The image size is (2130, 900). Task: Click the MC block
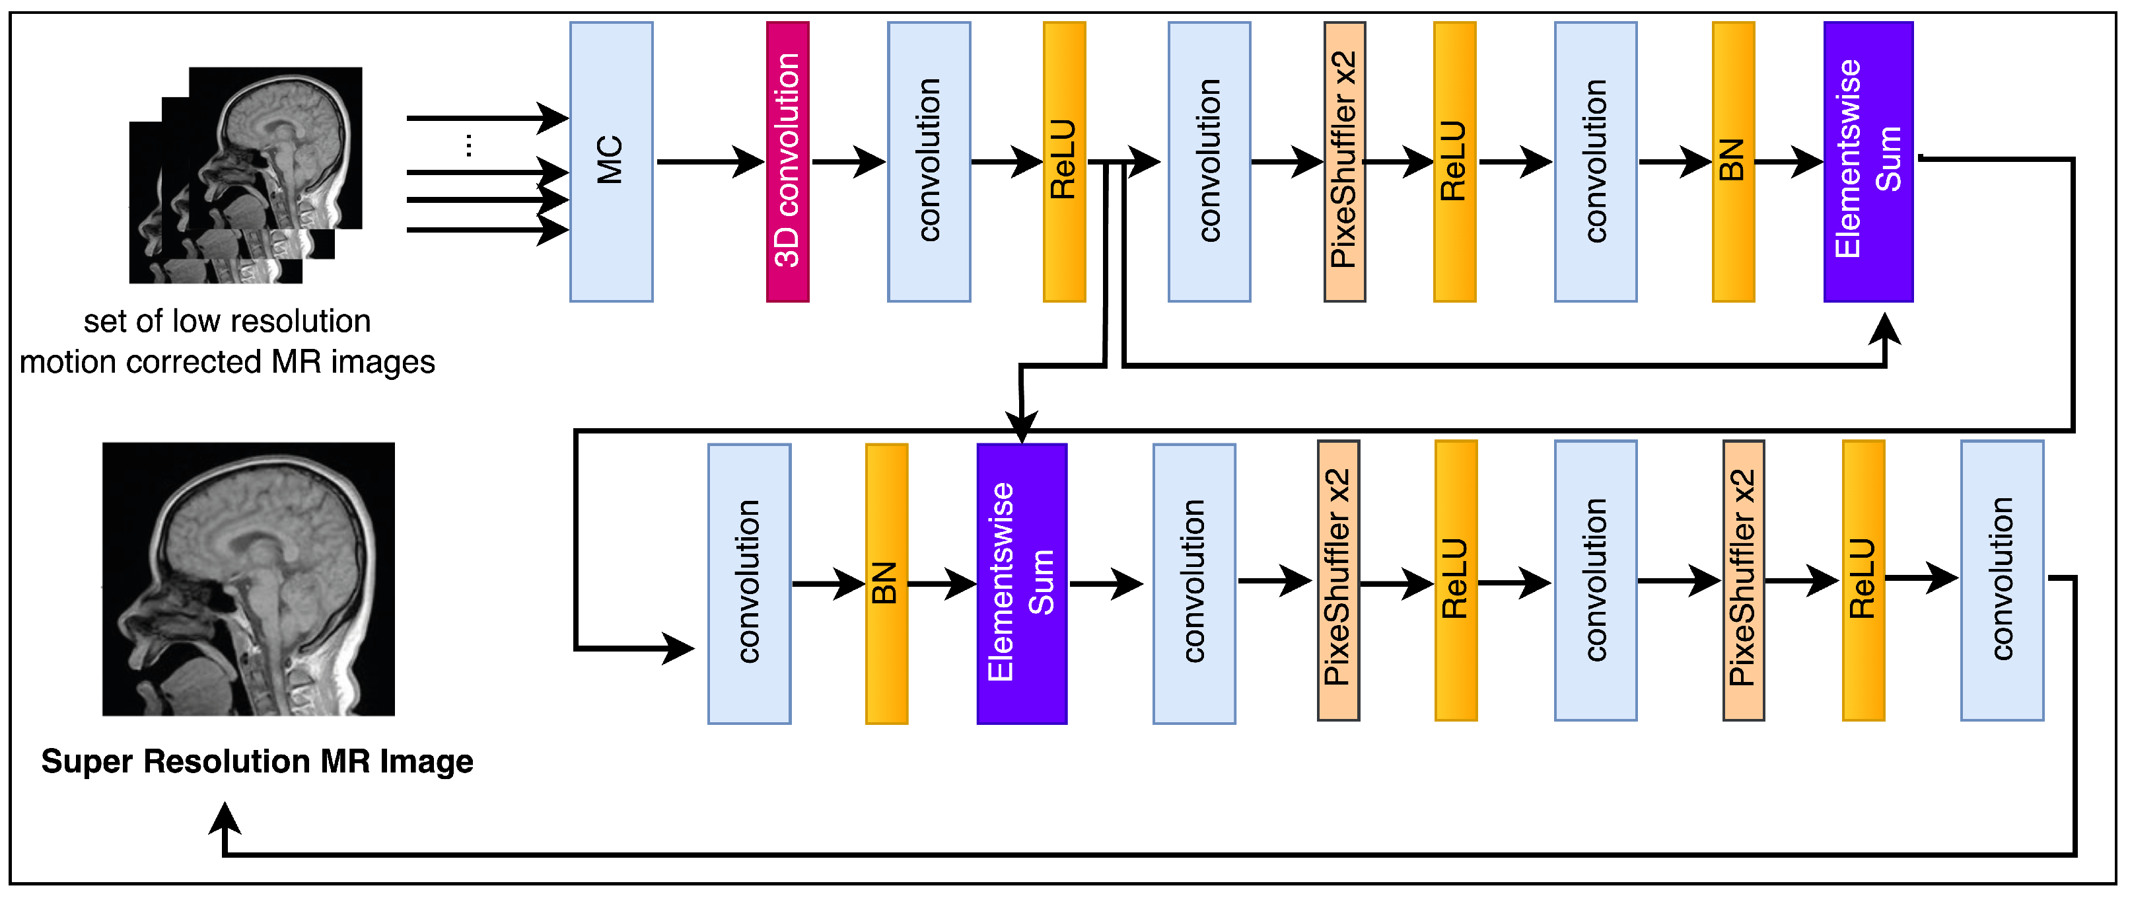(x=611, y=161)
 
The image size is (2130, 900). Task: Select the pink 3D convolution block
(x=787, y=161)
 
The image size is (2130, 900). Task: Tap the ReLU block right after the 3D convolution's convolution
(x=1063, y=161)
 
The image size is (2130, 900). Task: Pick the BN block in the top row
(x=1732, y=161)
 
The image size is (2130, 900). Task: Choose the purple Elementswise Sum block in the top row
(x=1868, y=161)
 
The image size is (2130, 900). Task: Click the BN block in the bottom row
(x=886, y=584)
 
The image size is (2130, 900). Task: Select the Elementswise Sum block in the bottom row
(x=1021, y=584)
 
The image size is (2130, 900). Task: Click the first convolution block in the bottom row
(x=749, y=584)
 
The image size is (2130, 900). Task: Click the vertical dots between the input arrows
(x=469, y=145)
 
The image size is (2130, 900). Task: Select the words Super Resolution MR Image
(x=257, y=761)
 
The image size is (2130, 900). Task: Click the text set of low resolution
(x=227, y=321)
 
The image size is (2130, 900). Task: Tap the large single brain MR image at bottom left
(x=248, y=579)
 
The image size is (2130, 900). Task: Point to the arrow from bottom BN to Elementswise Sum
(x=942, y=584)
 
